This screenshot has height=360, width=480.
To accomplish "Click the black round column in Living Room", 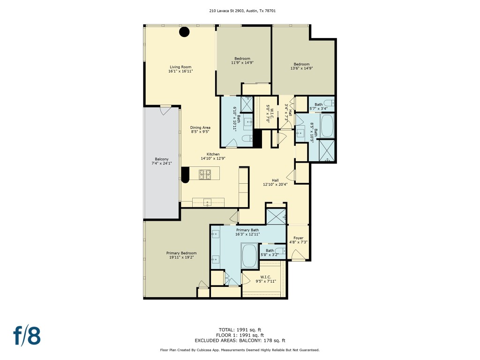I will [x=185, y=32].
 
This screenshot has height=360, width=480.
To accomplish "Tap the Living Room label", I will [x=180, y=69].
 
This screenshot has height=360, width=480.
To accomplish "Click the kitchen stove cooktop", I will [x=205, y=175].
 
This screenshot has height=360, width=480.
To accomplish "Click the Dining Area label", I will [x=200, y=130].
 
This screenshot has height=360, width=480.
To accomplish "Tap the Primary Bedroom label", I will [x=181, y=255].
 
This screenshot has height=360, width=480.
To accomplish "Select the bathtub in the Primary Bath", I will [x=249, y=256].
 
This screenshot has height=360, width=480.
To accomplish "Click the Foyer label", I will [x=298, y=240].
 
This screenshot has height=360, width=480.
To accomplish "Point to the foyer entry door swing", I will [x=298, y=255].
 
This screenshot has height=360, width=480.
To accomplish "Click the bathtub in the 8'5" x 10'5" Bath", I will [x=327, y=126].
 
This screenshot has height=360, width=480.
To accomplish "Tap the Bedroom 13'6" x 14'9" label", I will [x=301, y=66].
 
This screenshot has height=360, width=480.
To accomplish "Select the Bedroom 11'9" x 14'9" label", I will [x=242, y=60].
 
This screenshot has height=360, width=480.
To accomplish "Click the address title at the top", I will [x=240, y=10].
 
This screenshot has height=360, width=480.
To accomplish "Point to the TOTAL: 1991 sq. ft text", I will [x=240, y=330].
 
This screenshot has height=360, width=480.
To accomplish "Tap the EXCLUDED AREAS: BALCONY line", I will [x=240, y=341].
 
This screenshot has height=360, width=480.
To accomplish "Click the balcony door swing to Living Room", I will [x=165, y=110].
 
